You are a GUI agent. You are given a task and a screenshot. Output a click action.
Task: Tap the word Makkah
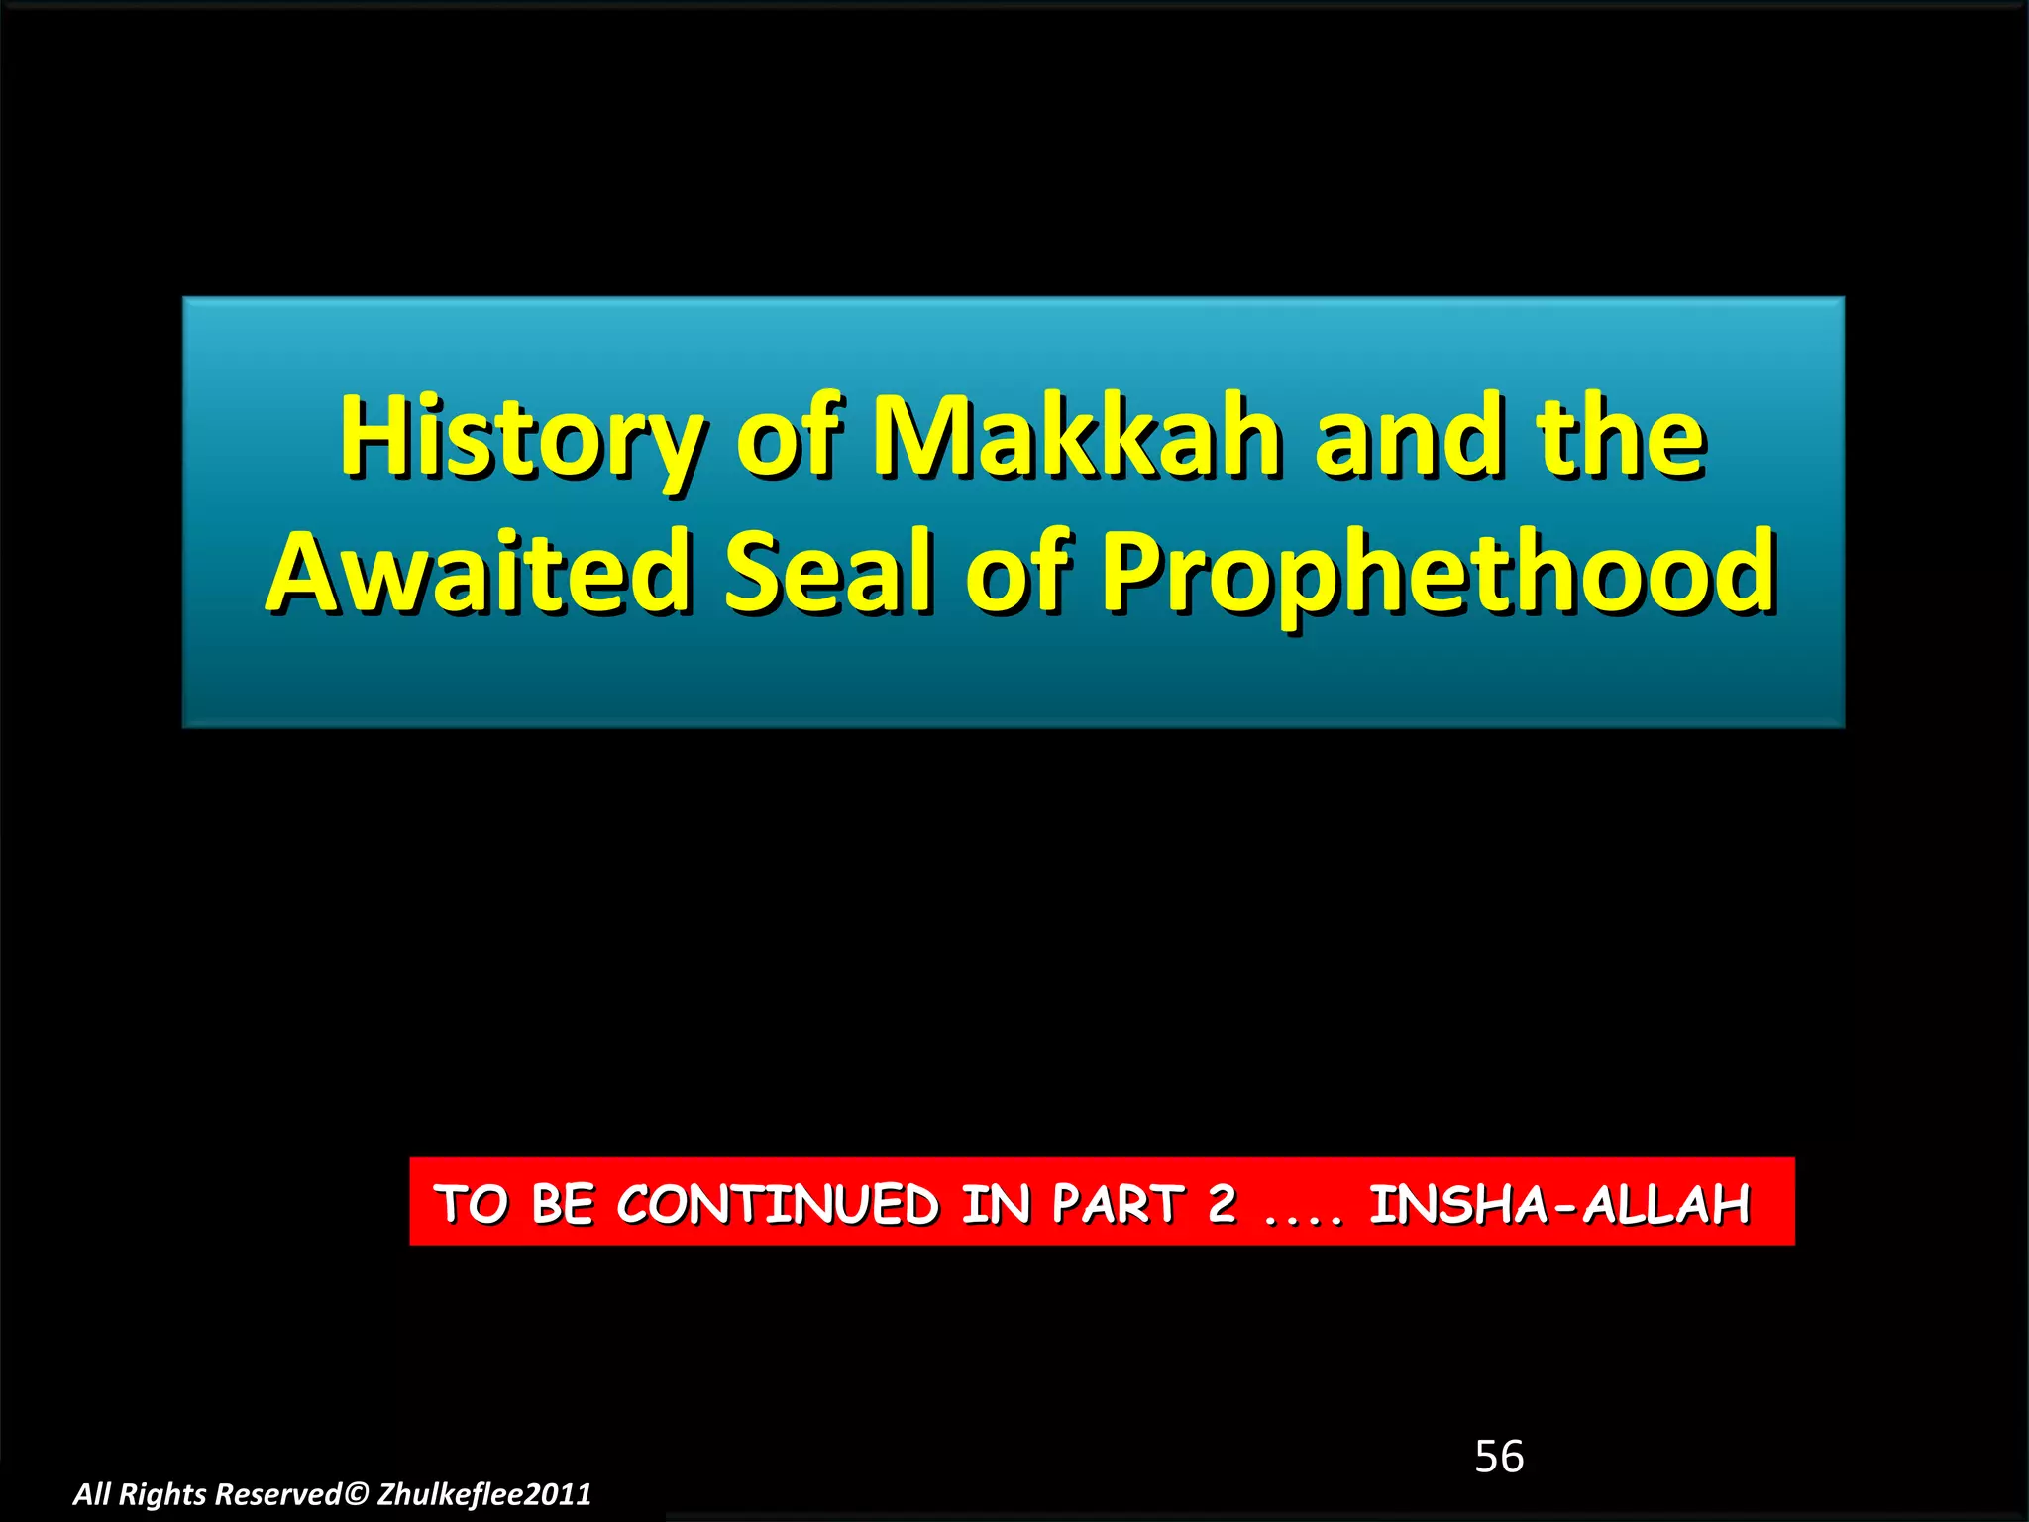(1076, 436)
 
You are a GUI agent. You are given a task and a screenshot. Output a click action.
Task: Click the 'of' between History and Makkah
(789, 436)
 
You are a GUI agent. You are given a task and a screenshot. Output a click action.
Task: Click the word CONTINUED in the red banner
(778, 1204)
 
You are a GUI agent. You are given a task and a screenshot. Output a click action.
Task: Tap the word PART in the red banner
(1118, 1204)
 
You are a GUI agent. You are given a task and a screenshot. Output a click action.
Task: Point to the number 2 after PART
(1223, 1203)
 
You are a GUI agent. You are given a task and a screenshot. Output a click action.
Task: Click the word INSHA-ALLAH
(1560, 1204)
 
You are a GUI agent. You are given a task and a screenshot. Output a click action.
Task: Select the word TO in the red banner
(472, 1204)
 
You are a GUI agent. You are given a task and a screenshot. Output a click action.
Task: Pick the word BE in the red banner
(563, 1204)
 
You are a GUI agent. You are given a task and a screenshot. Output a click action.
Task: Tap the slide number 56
(1499, 1457)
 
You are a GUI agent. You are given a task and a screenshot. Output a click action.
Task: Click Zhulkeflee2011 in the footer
(484, 1494)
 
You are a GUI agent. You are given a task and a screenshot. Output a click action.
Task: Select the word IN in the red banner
(995, 1204)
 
